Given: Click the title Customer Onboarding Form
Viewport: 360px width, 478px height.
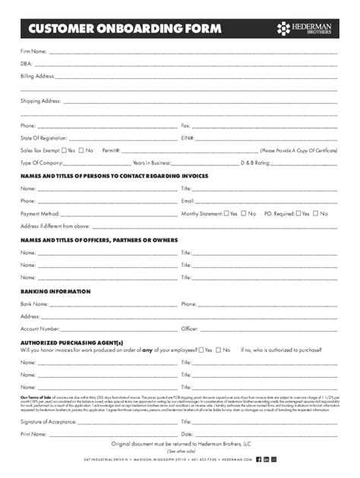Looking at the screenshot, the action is coord(125,29).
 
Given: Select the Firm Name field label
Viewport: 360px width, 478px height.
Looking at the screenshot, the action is coord(33,52).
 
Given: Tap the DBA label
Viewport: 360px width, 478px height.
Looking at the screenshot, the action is coord(26,64).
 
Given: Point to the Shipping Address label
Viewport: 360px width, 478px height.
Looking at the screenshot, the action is coord(40,101).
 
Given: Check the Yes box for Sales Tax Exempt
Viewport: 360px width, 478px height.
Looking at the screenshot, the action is coord(64,150).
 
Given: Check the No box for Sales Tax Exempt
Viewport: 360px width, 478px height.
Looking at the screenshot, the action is coord(81,150).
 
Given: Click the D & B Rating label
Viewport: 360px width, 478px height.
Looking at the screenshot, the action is coord(255,162).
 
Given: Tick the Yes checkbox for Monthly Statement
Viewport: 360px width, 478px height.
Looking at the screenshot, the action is coord(226,213).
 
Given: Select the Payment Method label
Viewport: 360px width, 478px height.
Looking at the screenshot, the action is coord(39,213).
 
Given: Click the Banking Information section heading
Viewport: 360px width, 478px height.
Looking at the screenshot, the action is coord(55,291).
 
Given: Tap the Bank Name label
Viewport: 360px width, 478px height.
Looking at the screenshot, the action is coord(35,303).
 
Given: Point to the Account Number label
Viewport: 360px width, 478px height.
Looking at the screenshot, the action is coord(40,329).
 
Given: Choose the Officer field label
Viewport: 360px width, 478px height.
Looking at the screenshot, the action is coord(189,329).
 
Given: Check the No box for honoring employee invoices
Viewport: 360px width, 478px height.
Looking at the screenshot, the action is coord(219,350).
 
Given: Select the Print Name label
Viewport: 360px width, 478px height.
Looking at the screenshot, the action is coord(34,434).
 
